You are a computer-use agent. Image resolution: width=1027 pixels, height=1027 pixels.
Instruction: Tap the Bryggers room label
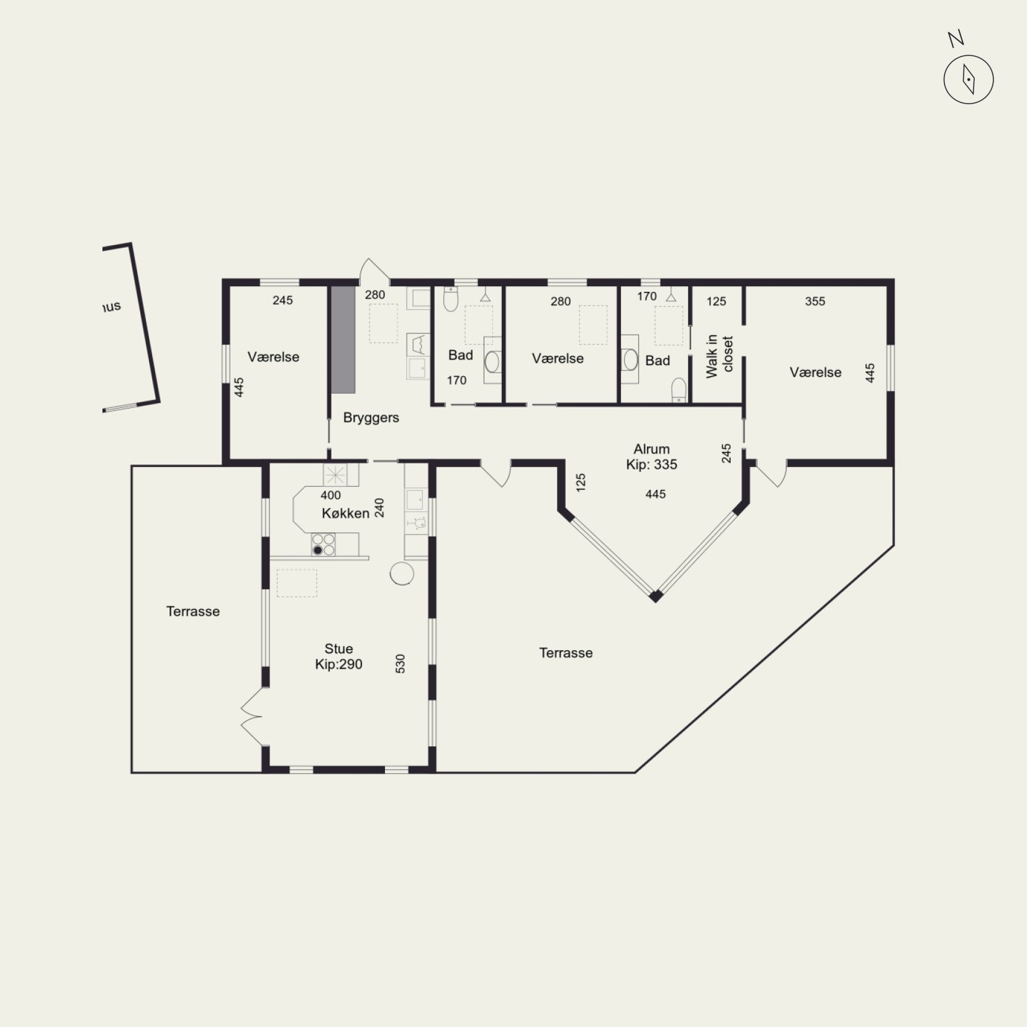[371, 418]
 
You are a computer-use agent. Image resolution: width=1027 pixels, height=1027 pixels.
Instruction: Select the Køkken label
[345, 513]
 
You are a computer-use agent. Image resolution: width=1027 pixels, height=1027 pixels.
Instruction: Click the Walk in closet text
[720, 356]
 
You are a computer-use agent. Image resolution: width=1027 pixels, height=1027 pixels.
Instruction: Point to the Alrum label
[651, 449]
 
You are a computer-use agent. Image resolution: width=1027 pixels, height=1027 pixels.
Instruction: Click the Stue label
[338, 649]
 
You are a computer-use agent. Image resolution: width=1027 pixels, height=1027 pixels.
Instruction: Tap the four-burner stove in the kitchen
[323, 545]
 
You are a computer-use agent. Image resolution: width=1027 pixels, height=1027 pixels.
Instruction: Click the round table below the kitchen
[402, 573]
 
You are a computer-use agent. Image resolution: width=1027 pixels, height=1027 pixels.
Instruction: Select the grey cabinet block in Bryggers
[343, 340]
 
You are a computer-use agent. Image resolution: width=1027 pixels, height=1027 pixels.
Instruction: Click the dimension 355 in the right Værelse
[815, 301]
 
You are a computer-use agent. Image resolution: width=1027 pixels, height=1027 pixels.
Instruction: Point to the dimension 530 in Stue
[400, 664]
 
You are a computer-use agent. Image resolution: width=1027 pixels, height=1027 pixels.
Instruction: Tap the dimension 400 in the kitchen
[330, 495]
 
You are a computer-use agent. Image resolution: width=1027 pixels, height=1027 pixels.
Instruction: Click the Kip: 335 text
[651, 464]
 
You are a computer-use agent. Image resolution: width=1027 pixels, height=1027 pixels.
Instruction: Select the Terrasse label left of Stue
[193, 612]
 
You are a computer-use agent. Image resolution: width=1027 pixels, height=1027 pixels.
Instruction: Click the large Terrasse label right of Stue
[566, 653]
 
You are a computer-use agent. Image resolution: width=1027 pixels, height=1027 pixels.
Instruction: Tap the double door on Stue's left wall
[253, 717]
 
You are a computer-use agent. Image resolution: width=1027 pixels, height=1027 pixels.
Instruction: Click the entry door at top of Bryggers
[374, 271]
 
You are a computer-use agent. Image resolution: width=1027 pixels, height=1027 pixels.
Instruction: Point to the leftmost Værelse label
[273, 357]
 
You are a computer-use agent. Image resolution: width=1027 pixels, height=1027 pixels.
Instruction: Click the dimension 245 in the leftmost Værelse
[283, 300]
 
